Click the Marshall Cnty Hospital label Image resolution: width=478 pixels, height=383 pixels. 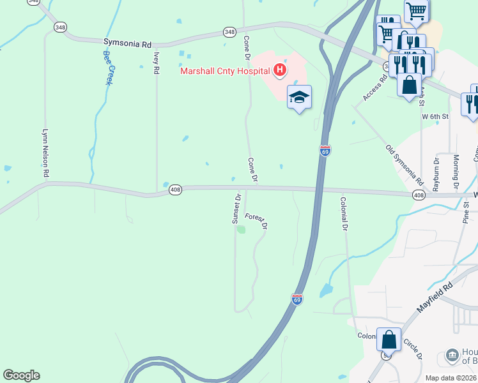(x=224, y=71)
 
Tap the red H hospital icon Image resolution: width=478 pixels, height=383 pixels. (x=279, y=70)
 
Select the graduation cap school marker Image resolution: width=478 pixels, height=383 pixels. (x=299, y=97)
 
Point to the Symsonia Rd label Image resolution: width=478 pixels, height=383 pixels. (x=127, y=43)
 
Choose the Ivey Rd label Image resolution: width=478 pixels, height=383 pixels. (x=156, y=64)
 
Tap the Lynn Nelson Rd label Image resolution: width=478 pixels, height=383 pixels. (x=45, y=153)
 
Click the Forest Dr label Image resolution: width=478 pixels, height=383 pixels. (x=256, y=221)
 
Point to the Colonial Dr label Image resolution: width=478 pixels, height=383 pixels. (x=344, y=213)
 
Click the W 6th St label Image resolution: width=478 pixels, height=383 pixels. (x=435, y=117)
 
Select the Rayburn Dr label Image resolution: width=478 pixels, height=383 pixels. (x=437, y=172)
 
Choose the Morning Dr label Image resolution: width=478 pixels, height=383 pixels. (x=456, y=172)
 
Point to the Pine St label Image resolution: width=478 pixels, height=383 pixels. (x=466, y=213)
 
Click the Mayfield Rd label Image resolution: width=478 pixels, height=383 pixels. (x=435, y=297)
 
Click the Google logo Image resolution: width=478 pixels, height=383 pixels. (x=21, y=375)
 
